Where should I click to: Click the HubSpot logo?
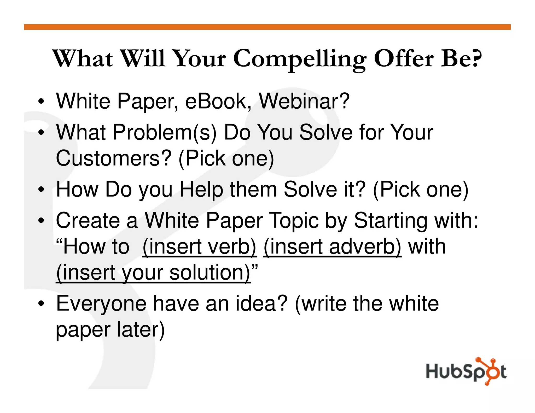tap(466, 371)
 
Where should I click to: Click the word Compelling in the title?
tap(300, 59)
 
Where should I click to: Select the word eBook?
tap(216, 101)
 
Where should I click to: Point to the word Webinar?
tap(304, 101)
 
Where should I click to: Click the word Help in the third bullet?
tap(201, 190)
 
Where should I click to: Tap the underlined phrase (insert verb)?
tap(199, 247)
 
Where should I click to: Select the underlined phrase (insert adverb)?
tap(332, 247)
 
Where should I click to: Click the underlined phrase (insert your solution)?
tap(153, 273)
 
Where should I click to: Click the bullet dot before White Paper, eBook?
tap(41, 101)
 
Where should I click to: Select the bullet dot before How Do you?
tap(41, 190)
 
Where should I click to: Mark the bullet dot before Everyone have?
tap(41, 304)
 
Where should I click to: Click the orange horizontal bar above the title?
tap(267, 27)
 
